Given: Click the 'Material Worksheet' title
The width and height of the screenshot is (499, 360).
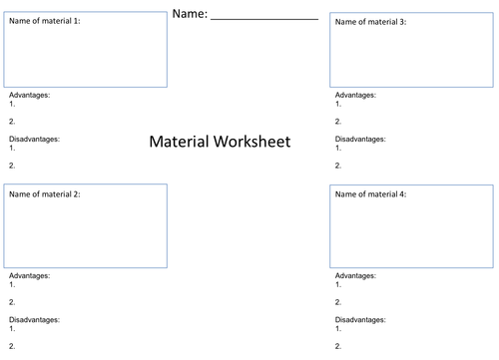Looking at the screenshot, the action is click(220, 142).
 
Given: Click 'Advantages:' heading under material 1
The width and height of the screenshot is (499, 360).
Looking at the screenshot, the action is click(29, 95).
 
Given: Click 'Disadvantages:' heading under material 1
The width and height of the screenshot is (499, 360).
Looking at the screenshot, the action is click(34, 140).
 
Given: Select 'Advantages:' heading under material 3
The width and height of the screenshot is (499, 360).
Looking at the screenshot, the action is click(356, 95).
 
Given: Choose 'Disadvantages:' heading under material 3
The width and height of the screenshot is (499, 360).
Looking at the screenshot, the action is click(361, 140).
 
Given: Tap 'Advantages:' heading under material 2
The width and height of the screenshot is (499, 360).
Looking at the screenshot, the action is click(29, 274).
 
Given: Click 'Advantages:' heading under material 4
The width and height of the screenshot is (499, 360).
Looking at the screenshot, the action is click(356, 274).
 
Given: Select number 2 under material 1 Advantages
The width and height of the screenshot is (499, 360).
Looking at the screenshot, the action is click(12, 121).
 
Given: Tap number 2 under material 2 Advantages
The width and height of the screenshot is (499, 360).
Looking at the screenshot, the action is click(12, 301).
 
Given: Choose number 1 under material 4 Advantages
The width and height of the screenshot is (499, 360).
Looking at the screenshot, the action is click(338, 283).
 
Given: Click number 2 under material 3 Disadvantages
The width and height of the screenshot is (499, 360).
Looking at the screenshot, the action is click(338, 166).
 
